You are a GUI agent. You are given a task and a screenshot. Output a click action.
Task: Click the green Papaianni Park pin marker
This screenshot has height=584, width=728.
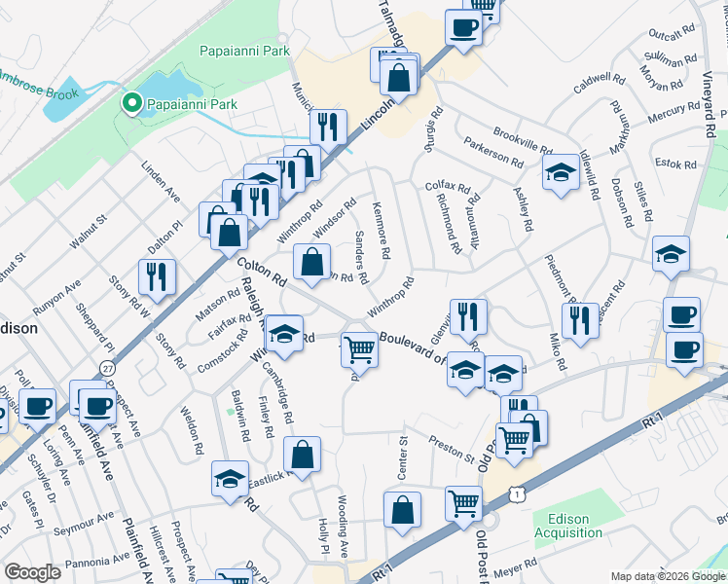click(129, 103)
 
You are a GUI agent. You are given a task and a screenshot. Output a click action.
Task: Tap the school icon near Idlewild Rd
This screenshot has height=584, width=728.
click(560, 174)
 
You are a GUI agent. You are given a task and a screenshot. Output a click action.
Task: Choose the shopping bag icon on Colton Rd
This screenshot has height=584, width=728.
click(310, 262)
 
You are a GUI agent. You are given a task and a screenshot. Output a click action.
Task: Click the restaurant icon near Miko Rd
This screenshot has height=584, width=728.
click(580, 319)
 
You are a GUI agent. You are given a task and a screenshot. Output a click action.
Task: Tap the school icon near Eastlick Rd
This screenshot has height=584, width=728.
click(229, 479)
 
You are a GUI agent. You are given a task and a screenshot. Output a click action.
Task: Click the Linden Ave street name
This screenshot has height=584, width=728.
click(162, 183)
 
